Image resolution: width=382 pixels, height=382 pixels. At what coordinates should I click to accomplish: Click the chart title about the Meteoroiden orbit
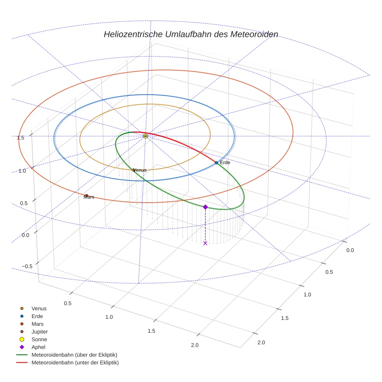pos(191,34)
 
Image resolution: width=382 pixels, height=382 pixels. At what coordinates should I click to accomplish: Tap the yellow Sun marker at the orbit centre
pos(146,136)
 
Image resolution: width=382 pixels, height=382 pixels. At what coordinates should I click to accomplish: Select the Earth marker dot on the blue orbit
pos(216,163)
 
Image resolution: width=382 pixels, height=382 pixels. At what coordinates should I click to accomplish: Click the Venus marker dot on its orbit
pos(134,170)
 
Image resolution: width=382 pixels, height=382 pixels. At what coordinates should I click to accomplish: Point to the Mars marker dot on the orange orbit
pos(86,195)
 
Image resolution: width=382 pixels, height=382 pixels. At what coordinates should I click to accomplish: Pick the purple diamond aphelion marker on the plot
pos(205,207)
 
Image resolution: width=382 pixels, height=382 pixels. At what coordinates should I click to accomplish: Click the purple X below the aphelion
pos(205,243)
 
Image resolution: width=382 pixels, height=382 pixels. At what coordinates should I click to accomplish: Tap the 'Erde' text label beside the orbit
pos(225,163)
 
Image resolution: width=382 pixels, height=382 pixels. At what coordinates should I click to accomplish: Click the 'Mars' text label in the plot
pos(89,197)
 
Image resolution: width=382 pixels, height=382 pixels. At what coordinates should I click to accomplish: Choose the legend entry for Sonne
pos(39,339)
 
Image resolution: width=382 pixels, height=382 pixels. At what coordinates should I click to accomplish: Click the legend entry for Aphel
pos(38,347)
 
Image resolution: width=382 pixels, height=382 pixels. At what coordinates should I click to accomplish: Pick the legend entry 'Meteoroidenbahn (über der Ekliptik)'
pos(74,355)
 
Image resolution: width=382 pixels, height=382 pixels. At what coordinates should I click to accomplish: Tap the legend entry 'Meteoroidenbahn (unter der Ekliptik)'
pos(75,363)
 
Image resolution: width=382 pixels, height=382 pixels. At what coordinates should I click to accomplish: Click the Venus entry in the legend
pos(39,308)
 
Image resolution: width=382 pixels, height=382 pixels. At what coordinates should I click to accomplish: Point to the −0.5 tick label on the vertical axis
pos(27,266)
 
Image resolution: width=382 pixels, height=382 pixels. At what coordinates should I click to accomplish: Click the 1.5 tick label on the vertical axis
pos(21,138)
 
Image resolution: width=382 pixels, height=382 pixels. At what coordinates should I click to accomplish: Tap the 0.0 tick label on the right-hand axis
pos(350,250)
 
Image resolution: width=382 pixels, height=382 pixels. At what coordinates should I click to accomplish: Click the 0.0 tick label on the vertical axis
pos(25,235)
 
